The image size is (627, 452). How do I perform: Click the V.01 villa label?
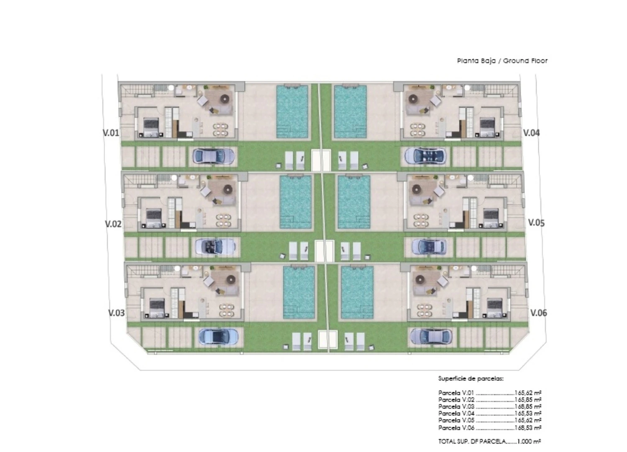pyautogui.click(x=111, y=133)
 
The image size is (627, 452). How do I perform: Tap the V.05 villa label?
pyautogui.click(x=536, y=223)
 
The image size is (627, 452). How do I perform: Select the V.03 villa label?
pyautogui.click(x=116, y=313)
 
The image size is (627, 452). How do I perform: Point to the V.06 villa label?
pyautogui.click(x=539, y=313)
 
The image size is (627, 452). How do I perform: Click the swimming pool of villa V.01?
pyautogui.click(x=292, y=112)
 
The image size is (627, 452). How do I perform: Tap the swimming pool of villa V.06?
pyautogui.click(x=357, y=293)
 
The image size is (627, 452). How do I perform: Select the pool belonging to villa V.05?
pyautogui.click(x=354, y=202)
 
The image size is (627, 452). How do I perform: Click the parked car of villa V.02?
pyautogui.click(x=215, y=246)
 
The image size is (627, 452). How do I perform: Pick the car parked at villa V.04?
pyautogui.click(x=425, y=156)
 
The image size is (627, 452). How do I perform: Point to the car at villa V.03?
pyautogui.click(x=218, y=336)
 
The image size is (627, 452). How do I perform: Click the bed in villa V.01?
pyautogui.click(x=151, y=127)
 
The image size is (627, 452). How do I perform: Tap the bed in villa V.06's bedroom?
pyautogui.click(x=494, y=308)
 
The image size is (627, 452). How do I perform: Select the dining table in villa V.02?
pyautogui.click(x=224, y=220)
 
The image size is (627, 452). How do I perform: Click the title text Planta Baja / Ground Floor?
pyautogui.click(x=502, y=61)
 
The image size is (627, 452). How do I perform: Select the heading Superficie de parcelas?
pyautogui.click(x=471, y=379)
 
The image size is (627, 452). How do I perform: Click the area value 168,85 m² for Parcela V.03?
pyautogui.click(x=528, y=406)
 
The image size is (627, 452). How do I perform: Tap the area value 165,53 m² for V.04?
pyautogui.click(x=528, y=413)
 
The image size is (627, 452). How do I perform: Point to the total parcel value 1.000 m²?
pyautogui.click(x=529, y=442)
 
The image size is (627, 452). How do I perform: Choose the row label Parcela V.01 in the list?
pyautogui.click(x=456, y=393)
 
